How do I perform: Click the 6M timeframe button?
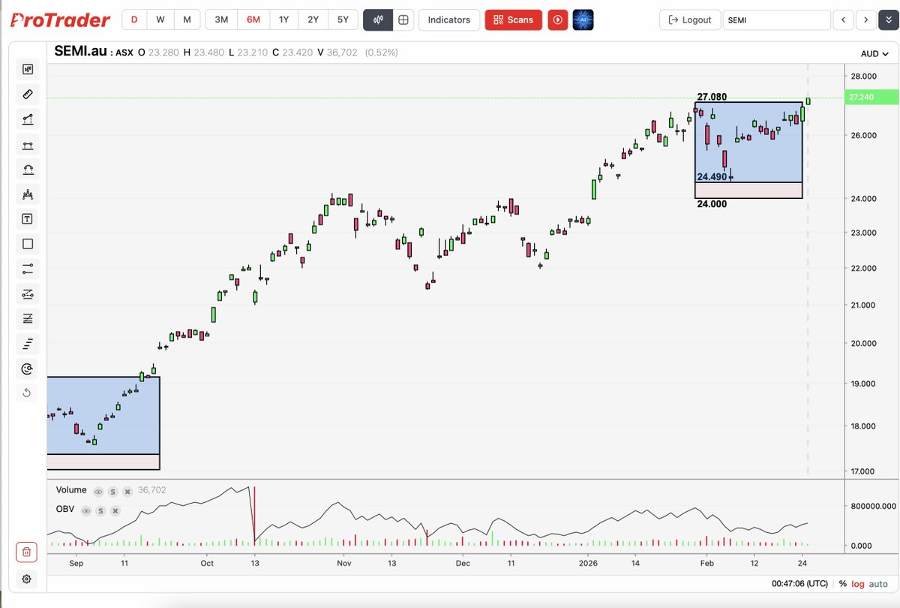[x=253, y=20]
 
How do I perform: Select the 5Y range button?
[x=343, y=20]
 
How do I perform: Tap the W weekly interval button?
[x=160, y=20]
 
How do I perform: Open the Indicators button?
[x=448, y=20]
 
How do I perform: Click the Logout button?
[x=689, y=20]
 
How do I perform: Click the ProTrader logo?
[x=60, y=20]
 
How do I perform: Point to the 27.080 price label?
[x=712, y=97]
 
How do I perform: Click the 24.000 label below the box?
[x=712, y=203]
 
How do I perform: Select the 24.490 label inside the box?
[x=712, y=177]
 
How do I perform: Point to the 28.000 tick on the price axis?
[x=864, y=76]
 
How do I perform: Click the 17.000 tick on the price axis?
[x=864, y=471]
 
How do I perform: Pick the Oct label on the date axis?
[x=207, y=563]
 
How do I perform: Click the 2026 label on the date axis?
[x=588, y=563]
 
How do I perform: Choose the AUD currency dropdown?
[x=874, y=53]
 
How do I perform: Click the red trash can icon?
[x=26, y=552]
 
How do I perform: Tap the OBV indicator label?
[x=64, y=510]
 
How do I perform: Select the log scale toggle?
[x=858, y=584]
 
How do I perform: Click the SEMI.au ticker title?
[x=81, y=52]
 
